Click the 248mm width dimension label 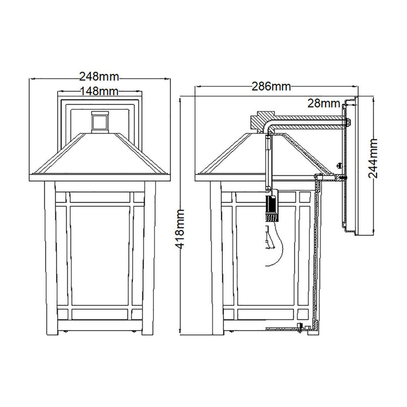(x=99, y=76)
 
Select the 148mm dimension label (x=99, y=91)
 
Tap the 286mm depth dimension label (x=271, y=86)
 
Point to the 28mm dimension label (x=324, y=103)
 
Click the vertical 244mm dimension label (x=373, y=158)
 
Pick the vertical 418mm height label (x=180, y=229)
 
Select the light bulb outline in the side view (x=274, y=244)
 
